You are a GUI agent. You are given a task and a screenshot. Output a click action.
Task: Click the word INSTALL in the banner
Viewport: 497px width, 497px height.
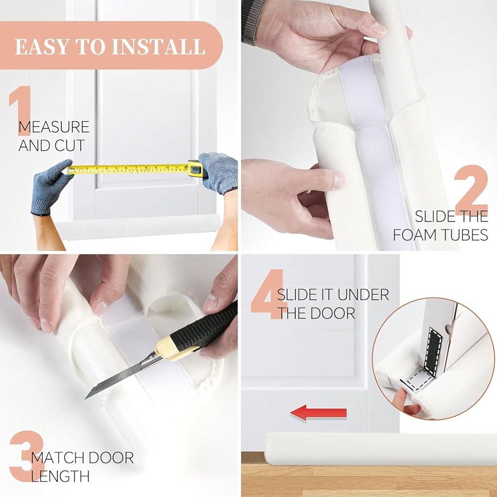tap(159, 47)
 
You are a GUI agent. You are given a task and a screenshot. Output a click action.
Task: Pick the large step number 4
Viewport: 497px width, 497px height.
tap(268, 294)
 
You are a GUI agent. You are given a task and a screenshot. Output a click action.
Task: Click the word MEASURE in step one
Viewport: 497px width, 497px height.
tap(54, 127)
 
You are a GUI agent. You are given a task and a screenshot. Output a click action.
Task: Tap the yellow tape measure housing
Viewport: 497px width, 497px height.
tap(195, 168)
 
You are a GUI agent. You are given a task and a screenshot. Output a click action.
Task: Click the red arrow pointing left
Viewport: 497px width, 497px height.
tap(318, 413)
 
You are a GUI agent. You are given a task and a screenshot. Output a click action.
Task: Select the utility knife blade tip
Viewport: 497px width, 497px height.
tap(85, 399)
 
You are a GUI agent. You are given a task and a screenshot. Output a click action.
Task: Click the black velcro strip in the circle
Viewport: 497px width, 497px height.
tap(433, 347)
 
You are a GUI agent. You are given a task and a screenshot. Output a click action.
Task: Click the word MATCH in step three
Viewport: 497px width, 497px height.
tap(58, 458)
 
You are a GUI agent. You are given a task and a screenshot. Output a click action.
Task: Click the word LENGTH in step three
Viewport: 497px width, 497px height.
tap(60, 476)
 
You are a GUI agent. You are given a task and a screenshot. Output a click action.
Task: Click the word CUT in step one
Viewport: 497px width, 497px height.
tap(70, 145)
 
